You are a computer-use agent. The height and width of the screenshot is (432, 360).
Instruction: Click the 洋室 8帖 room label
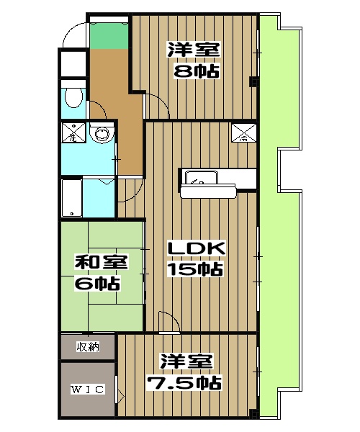[194, 60]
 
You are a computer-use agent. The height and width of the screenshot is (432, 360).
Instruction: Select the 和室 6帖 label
[98, 272]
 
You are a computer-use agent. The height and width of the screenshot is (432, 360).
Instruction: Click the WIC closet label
[87, 390]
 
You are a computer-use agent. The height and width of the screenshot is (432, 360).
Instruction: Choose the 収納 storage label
[87, 348]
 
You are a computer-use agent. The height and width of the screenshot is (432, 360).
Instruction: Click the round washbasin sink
[102, 133]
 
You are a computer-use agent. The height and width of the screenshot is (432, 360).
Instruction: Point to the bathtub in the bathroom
[71, 198]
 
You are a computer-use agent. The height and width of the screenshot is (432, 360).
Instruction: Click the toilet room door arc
[99, 108]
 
